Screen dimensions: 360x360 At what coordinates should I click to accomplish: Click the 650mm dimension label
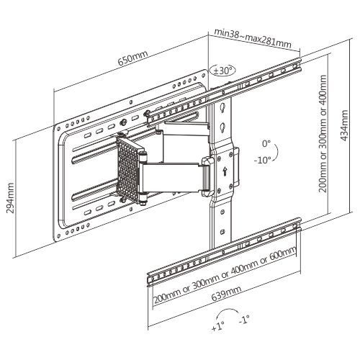(132, 58)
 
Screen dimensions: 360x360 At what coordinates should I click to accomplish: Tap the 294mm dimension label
(10, 198)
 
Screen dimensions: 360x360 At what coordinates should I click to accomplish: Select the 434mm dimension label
(344, 125)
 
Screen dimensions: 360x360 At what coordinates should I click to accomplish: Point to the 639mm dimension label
(226, 293)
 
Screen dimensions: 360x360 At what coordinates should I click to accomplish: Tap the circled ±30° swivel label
(222, 71)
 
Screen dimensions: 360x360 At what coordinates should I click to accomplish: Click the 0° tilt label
(266, 144)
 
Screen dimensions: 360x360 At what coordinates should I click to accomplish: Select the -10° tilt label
(263, 160)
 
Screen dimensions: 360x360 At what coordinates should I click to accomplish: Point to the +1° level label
(218, 327)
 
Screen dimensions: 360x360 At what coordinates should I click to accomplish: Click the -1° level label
(244, 319)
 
